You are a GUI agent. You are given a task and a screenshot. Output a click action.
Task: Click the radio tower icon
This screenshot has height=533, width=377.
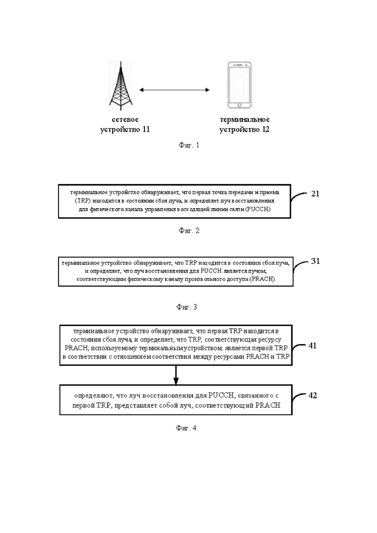[121, 86]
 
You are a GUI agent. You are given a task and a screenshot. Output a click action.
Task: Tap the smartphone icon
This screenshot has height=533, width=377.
[240, 86]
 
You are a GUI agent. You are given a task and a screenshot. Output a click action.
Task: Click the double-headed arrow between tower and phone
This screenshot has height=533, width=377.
[174, 90]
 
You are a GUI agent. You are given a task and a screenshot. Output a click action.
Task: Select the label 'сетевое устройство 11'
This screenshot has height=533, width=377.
[125, 124]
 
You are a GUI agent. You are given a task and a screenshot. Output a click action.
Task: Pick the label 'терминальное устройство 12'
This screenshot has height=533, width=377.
[245, 124]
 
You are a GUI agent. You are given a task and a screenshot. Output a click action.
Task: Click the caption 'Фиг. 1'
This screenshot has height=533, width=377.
[189, 145]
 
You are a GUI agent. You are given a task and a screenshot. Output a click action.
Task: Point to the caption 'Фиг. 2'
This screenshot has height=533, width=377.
[189, 230]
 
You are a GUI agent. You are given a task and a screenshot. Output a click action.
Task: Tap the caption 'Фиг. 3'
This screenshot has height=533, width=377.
[187, 307]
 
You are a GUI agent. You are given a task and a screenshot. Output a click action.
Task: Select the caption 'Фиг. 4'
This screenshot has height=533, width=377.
[186, 428]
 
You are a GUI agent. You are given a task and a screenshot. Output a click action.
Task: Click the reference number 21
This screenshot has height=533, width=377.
[315, 194]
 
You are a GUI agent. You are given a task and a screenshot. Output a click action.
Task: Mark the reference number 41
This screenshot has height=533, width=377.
[312, 346]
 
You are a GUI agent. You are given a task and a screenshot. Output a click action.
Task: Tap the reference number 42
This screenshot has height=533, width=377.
[312, 395]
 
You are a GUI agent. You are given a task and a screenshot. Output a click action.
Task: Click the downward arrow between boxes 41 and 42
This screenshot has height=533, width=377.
[176, 375]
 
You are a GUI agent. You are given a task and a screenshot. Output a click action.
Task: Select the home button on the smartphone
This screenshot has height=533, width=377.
[240, 105]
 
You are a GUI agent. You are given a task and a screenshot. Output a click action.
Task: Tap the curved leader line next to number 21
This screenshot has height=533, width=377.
[299, 198]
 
